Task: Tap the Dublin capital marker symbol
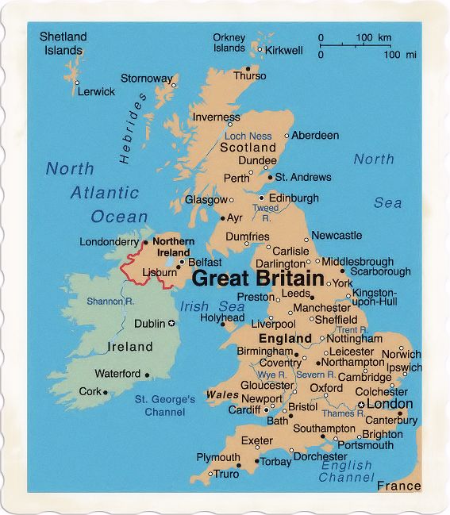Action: click(171, 324)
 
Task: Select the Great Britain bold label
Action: click(259, 279)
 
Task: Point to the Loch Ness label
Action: click(248, 136)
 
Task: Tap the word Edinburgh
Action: click(294, 198)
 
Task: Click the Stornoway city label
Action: click(146, 79)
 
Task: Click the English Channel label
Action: click(346, 471)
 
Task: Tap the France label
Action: click(398, 486)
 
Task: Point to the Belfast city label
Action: click(205, 261)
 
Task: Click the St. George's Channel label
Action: click(164, 406)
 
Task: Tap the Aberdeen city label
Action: click(315, 136)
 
